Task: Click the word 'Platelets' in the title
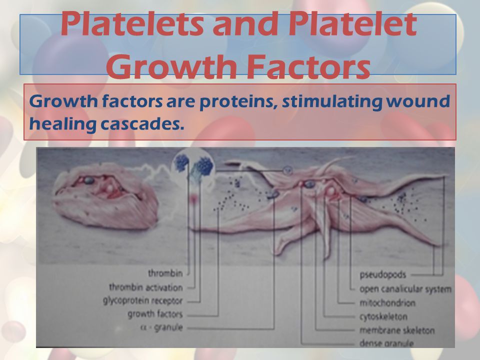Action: (x=132, y=24)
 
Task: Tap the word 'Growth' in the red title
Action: (x=171, y=66)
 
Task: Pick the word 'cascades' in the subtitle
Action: (x=142, y=124)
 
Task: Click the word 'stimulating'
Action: (x=332, y=102)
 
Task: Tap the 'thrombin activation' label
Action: (x=146, y=287)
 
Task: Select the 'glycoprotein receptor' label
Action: (x=142, y=301)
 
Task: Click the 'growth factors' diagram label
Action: (x=155, y=314)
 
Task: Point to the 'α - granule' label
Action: (x=161, y=327)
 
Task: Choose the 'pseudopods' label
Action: (x=382, y=275)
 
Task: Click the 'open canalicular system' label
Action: (x=405, y=289)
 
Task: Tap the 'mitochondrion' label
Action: (x=387, y=303)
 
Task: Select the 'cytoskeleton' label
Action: (x=383, y=316)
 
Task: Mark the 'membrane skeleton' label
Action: (x=397, y=330)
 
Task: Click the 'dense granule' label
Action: (x=386, y=343)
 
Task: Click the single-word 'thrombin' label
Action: (x=165, y=273)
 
